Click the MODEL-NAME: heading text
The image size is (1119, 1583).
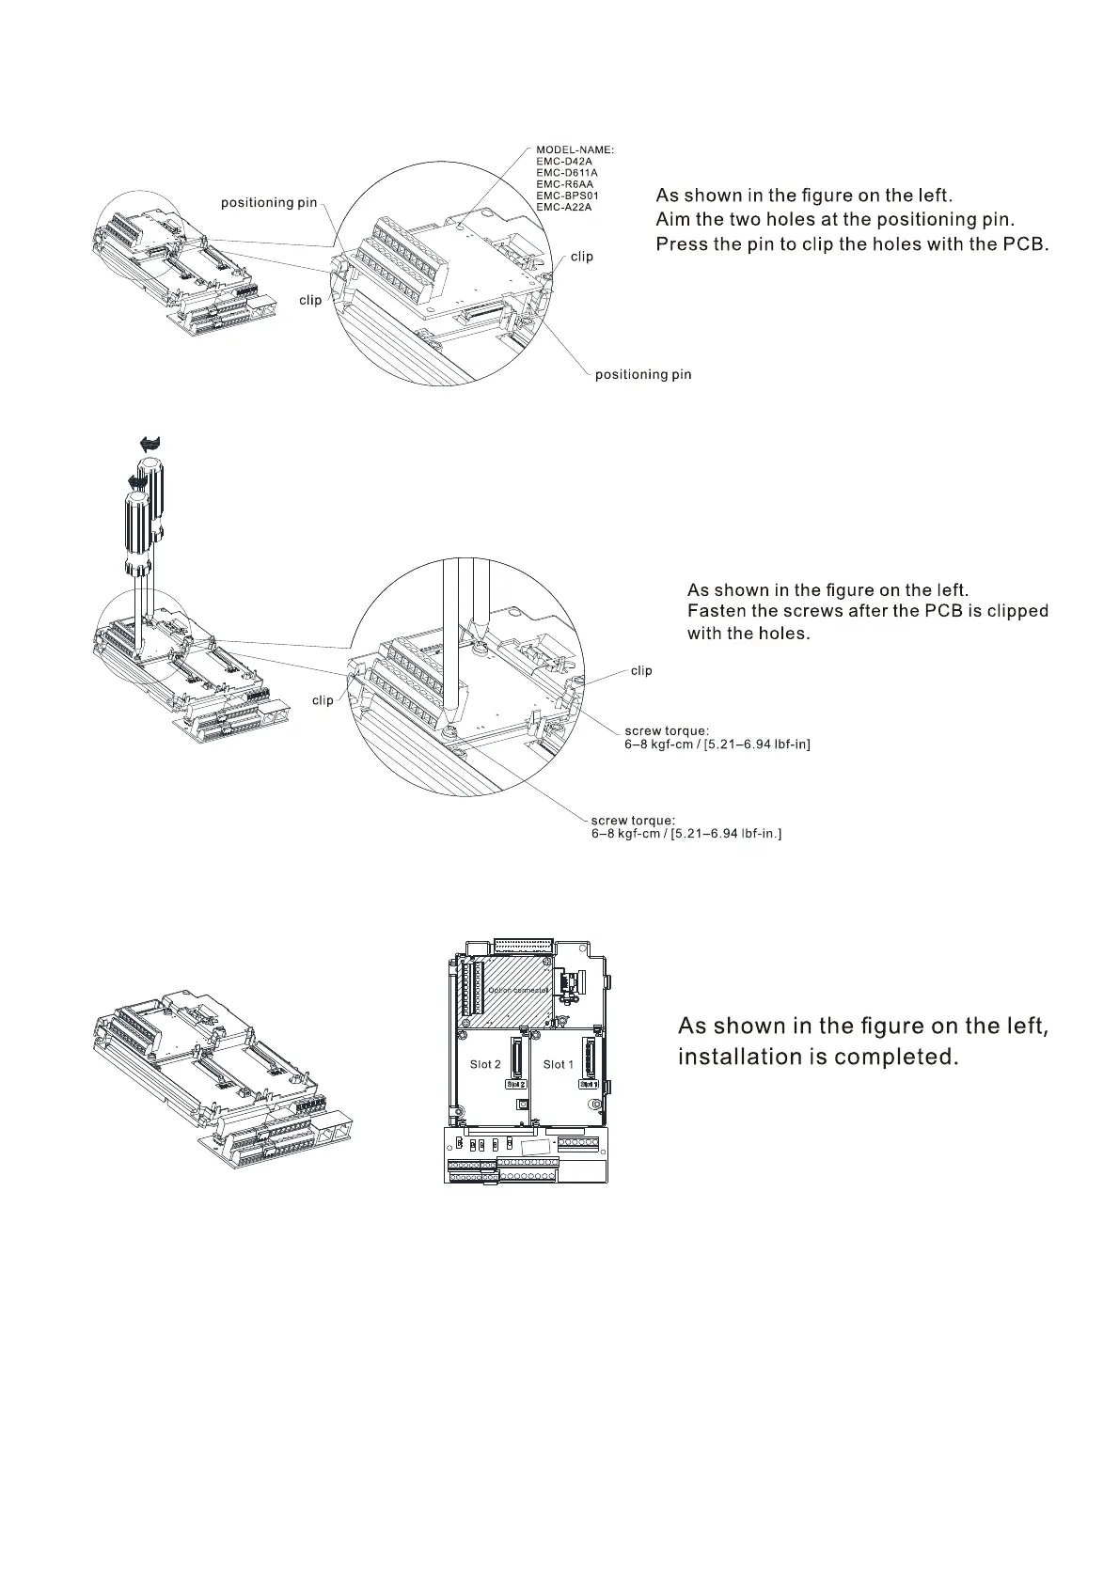pyautogui.click(x=575, y=149)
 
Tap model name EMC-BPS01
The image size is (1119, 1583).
pyautogui.click(x=567, y=196)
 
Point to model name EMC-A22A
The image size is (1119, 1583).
pyautogui.click(x=564, y=207)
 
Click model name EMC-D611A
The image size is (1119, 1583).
pyautogui.click(x=567, y=173)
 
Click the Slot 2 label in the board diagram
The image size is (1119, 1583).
pyautogui.click(x=485, y=1064)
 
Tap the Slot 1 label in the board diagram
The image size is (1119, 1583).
pyautogui.click(x=559, y=1064)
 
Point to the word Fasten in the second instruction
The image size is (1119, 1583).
pyautogui.click(x=717, y=611)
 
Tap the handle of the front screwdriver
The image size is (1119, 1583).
pyautogui.click(x=136, y=531)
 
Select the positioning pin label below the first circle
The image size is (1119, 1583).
pyautogui.click(x=643, y=375)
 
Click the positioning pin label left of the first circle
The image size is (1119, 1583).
pyautogui.click(x=269, y=203)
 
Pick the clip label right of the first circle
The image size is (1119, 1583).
pyautogui.click(x=582, y=257)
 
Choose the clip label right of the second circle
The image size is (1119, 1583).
pyautogui.click(x=641, y=670)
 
